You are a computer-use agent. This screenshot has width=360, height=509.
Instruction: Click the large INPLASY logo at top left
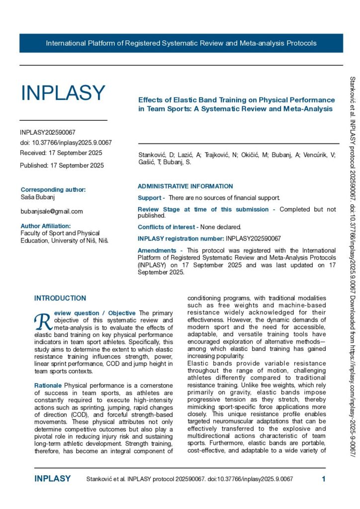coord(63,93)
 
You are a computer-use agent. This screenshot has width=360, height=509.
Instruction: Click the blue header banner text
coord(181,43)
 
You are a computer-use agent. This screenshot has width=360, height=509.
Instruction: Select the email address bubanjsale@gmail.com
coord(52,211)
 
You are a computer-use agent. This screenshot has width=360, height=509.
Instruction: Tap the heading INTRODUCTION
coord(60,298)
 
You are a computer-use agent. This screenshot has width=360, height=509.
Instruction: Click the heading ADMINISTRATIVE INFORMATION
coord(185,186)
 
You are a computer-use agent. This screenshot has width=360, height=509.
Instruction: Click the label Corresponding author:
coord(53,189)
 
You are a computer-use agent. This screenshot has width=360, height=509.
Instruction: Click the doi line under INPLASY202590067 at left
coord(66,143)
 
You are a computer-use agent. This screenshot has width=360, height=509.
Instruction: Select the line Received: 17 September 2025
coord(61,153)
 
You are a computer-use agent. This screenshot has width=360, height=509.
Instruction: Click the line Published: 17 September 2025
coord(62,166)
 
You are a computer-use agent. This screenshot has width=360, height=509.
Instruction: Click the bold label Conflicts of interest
coord(168,227)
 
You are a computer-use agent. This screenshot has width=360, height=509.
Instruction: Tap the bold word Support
coord(149,198)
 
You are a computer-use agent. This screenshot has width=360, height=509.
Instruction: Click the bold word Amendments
coord(157,251)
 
